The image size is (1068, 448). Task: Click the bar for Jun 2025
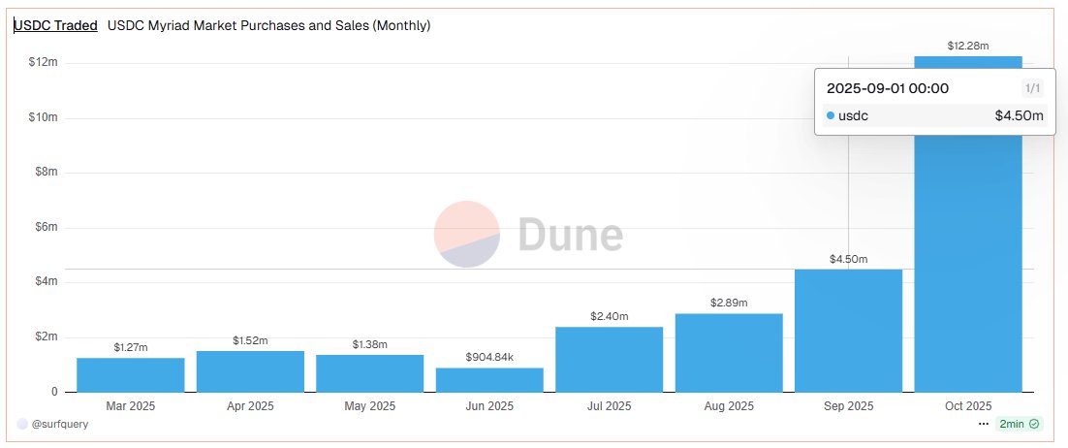(x=489, y=379)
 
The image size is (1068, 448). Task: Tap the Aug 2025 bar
(x=729, y=352)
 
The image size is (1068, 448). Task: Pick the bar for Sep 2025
(x=848, y=330)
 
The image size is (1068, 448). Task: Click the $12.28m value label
(x=968, y=46)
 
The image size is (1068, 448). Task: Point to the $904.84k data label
(x=489, y=358)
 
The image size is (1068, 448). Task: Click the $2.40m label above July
(x=609, y=316)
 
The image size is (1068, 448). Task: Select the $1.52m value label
(x=250, y=340)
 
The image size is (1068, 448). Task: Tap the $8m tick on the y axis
(x=45, y=173)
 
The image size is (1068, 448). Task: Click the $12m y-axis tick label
(x=43, y=63)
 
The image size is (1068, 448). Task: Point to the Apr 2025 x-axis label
(x=250, y=406)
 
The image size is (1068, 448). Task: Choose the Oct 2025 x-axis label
(x=968, y=406)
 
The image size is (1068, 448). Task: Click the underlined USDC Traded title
(x=55, y=26)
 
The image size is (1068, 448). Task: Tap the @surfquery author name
(x=60, y=424)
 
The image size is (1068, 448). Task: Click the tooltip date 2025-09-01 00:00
(x=887, y=88)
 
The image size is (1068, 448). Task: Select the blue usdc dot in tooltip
(x=831, y=116)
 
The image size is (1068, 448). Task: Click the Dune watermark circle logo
(x=466, y=235)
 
